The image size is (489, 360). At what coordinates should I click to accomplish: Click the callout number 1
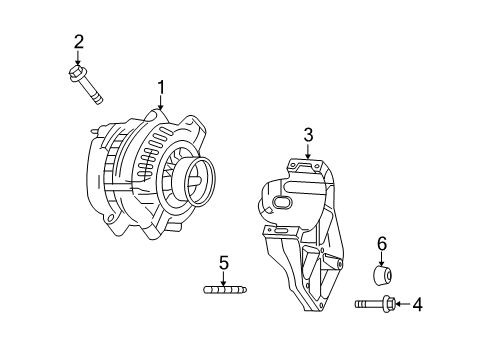point(160,87)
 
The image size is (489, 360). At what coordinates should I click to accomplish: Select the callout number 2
point(78,42)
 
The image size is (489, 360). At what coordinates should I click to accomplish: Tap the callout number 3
point(309,134)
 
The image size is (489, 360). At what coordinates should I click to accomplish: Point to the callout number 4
point(418,304)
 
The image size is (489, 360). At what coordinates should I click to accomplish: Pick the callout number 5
point(224,264)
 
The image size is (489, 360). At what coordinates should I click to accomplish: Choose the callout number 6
point(381,243)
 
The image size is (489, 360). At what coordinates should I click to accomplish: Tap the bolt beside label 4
point(374,303)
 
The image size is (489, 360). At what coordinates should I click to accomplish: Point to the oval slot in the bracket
point(279,206)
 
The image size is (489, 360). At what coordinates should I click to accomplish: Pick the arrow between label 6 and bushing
point(381,258)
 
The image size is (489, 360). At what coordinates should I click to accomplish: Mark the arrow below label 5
point(224,279)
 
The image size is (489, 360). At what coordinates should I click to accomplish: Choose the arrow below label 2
point(78,58)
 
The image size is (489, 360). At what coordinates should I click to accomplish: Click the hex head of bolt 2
point(77,73)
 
